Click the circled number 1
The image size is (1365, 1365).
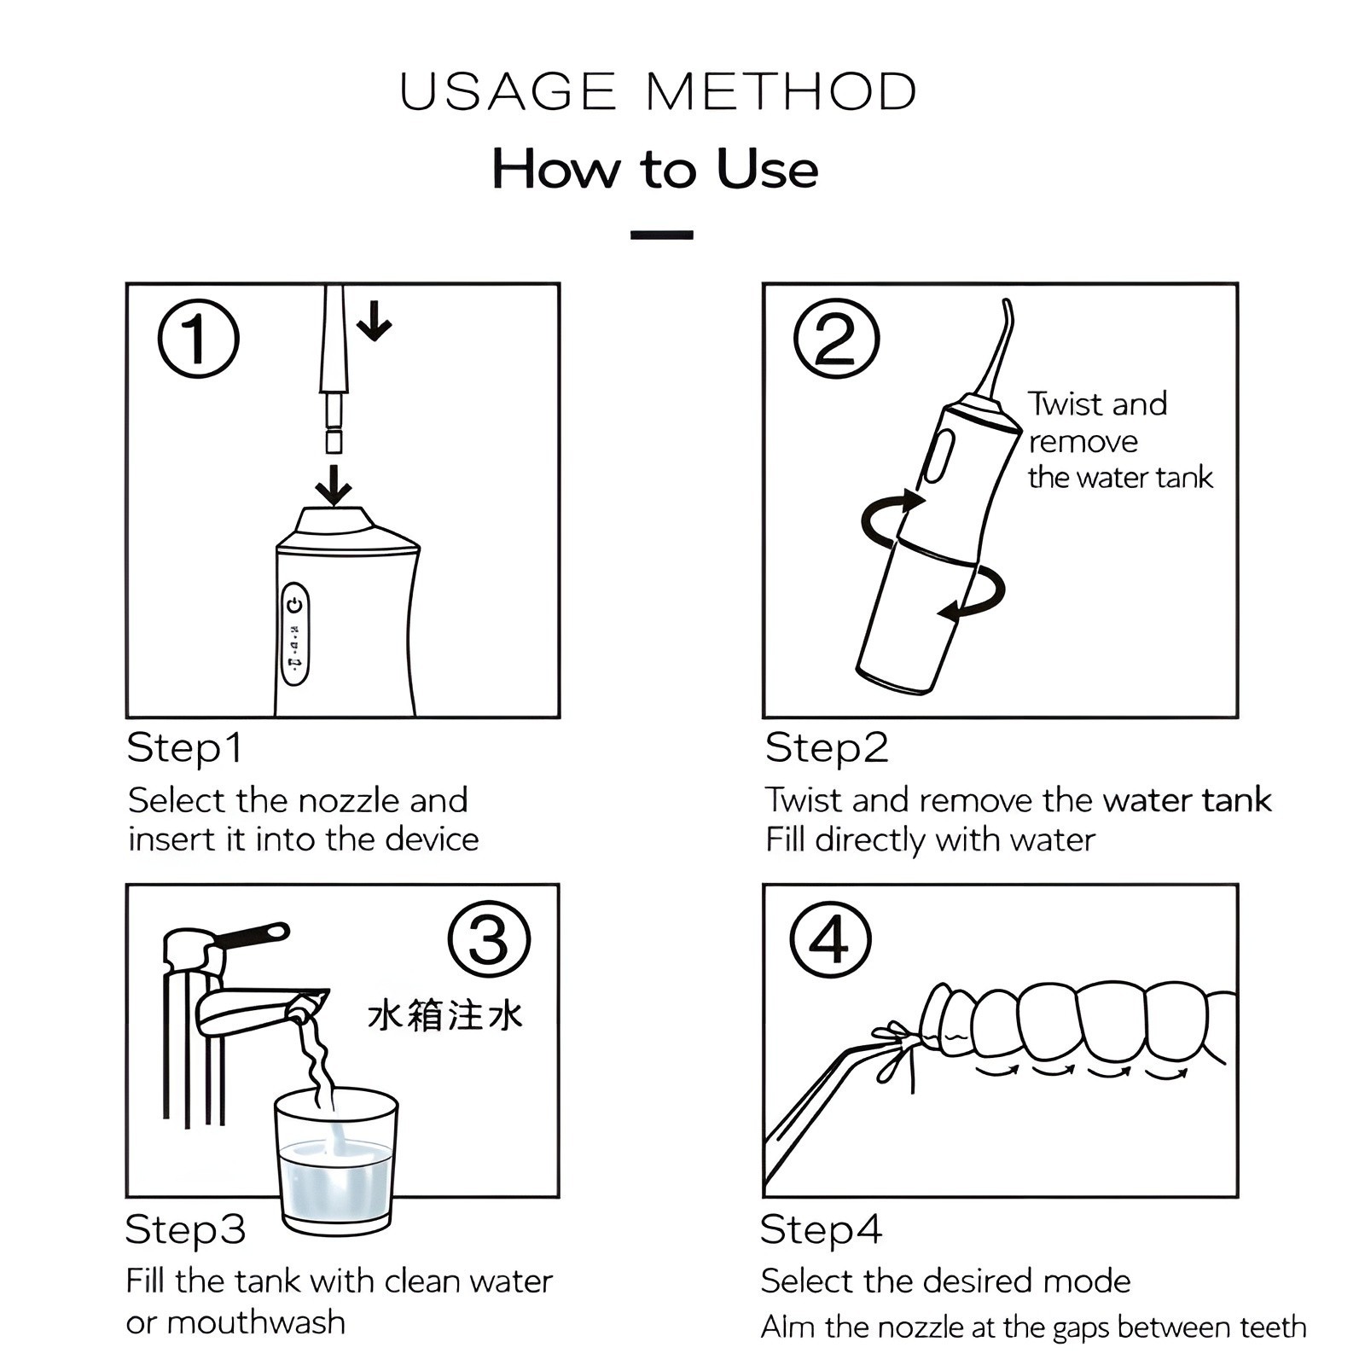tap(198, 339)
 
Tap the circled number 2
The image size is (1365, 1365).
tap(835, 339)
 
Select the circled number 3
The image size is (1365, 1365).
tap(489, 940)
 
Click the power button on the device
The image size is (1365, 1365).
tap(295, 605)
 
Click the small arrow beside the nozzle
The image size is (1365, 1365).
tap(374, 321)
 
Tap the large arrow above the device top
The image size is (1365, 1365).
tap(334, 485)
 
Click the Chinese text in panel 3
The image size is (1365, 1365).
tap(444, 1016)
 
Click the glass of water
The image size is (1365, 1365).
tap(336, 1160)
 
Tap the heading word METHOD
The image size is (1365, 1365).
tap(781, 92)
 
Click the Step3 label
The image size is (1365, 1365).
tap(185, 1229)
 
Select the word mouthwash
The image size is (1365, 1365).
tap(256, 1322)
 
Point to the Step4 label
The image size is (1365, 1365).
tap(821, 1229)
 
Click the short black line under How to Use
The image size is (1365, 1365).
tap(661, 235)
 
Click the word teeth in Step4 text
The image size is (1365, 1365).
tap(1273, 1327)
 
